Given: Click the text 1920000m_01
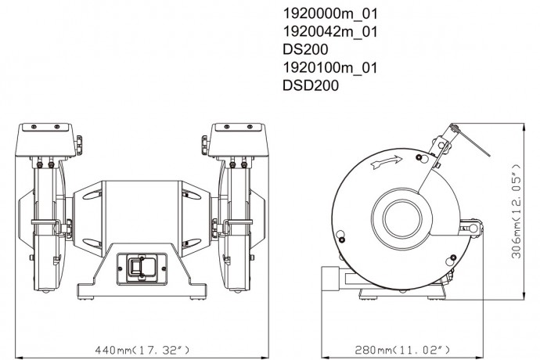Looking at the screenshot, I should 329,14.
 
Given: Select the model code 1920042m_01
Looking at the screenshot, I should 329,32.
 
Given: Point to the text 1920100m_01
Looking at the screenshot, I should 329,68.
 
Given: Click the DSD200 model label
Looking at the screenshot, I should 311,86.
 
